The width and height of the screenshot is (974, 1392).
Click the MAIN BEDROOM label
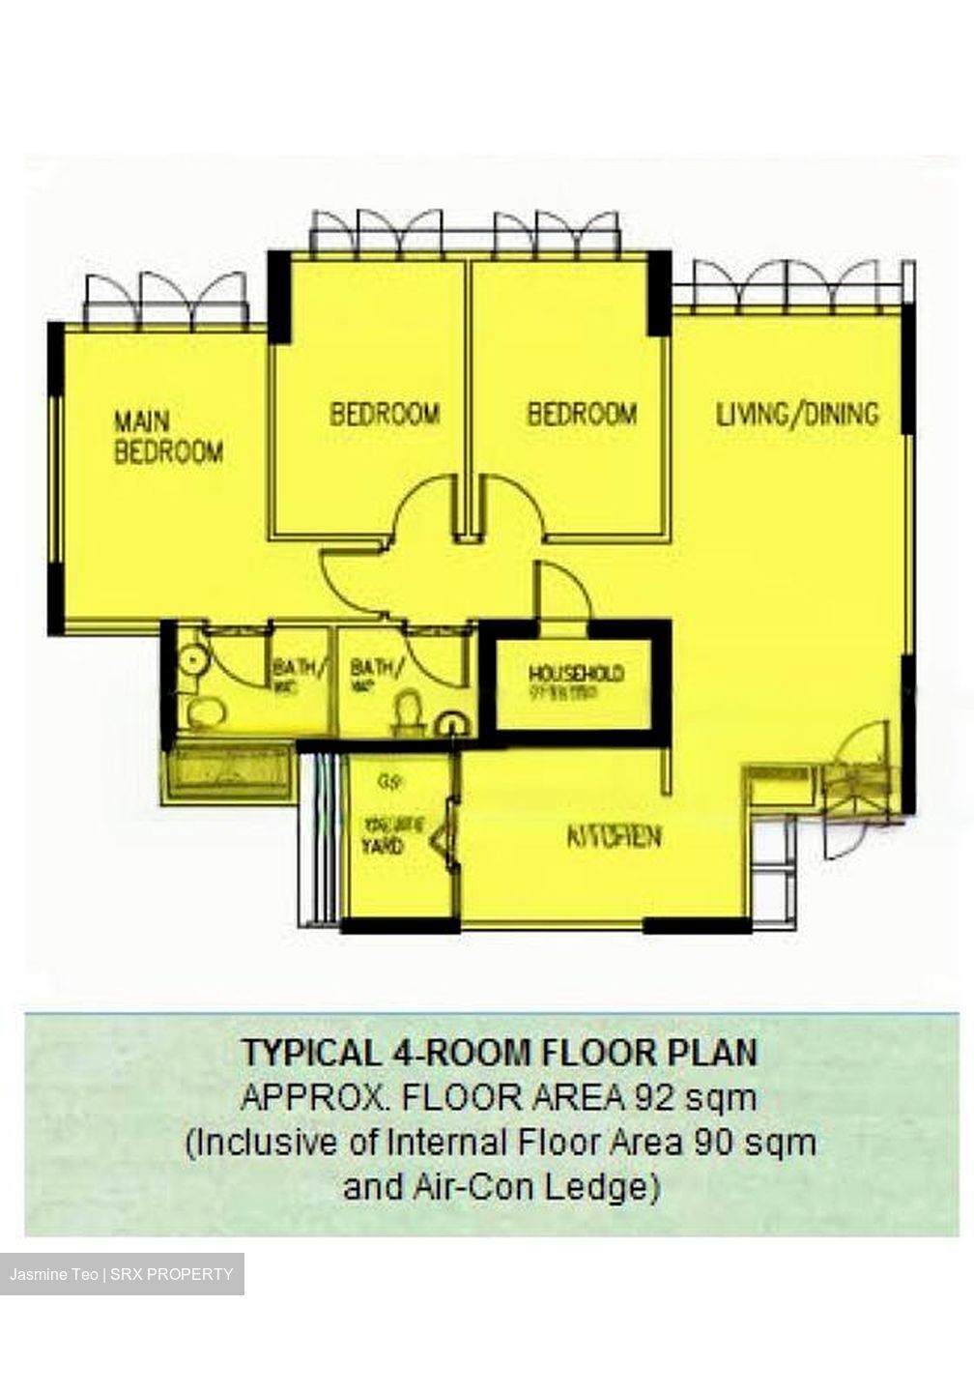[x=168, y=437]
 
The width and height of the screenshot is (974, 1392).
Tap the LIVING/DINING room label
[x=797, y=415]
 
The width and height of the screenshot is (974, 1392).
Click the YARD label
[x=383, y=847]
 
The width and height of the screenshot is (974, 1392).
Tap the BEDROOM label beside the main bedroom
[x=385, y=415]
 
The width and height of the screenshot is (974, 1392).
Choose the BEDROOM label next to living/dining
[x=582, y=415]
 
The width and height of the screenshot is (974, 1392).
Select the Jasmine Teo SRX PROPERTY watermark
[x=122, y=1274]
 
